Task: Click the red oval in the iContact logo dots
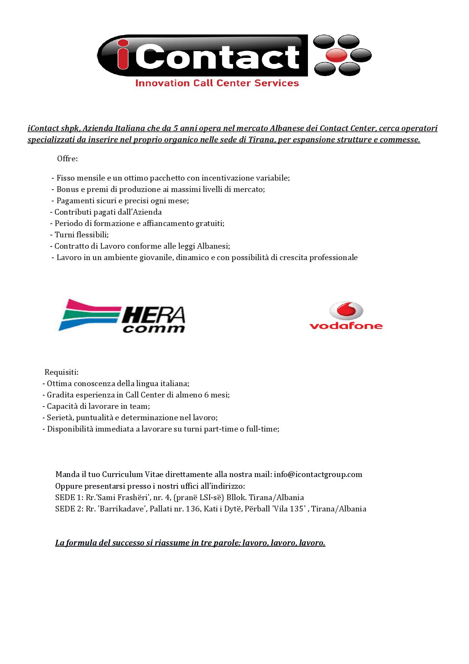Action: click(336, 55)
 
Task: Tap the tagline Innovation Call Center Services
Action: click(217, 83)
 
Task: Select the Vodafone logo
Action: click(346, 316)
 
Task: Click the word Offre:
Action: click(67, 159)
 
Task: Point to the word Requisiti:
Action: click(61, 372)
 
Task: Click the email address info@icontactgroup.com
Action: click(318, 474)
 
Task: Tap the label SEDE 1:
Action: click(69, 497)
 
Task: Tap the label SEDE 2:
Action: click(69, 509)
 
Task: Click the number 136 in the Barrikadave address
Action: click(193, 509)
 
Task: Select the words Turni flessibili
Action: click(81, 235)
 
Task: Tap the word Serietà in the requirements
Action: click(59, 418)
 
